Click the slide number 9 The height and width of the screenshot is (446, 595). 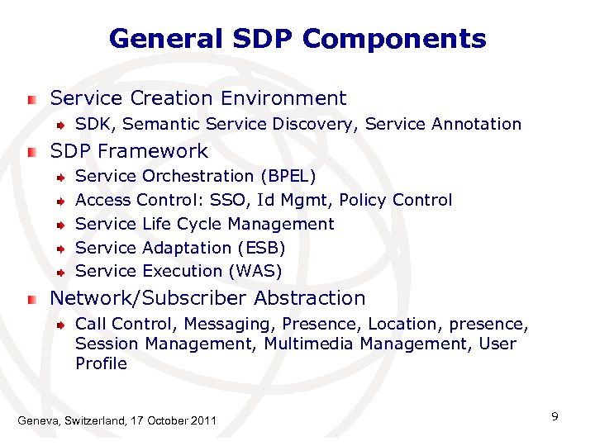(x=555, y=416)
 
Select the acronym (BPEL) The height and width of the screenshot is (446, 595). (x=288, y=176)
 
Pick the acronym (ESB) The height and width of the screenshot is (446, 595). (x=261, y=248)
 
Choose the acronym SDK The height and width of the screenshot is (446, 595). (x=91, y=124)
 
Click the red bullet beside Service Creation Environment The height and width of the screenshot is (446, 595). (x=31, y=99)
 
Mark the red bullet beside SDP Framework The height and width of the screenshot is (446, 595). (x=31, y=152)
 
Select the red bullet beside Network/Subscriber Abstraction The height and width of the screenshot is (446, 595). (x=31, y=298)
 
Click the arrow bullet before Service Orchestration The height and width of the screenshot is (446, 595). (x=61, y=177)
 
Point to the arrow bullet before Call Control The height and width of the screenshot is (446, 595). (x=61, y=325)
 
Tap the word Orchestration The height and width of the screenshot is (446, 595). (x=198, y=176)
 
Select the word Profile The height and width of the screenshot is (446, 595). (x=101, y=363)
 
